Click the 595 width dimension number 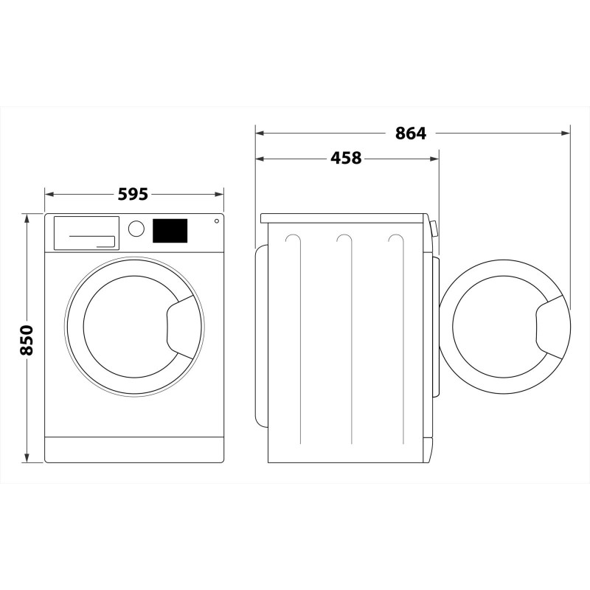pyautogui.click(x=133, y=194)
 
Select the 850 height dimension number pyautogui.click(x=27, y=339)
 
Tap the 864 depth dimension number pyautogui.click(x=411, y=133)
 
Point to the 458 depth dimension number pyautogui.click(x=346, y=158)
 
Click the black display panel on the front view pyautogui.click(x=170, y=230)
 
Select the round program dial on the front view pyautogui.click(x=136, y=229)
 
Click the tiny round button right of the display pyautogui.click(x=217, y=221)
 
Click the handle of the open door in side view pyautogui.click(x=552, y=327)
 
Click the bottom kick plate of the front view pyautogui.click(x=133, y=448)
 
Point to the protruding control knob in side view pyautogui.click(x=434, y=229)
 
